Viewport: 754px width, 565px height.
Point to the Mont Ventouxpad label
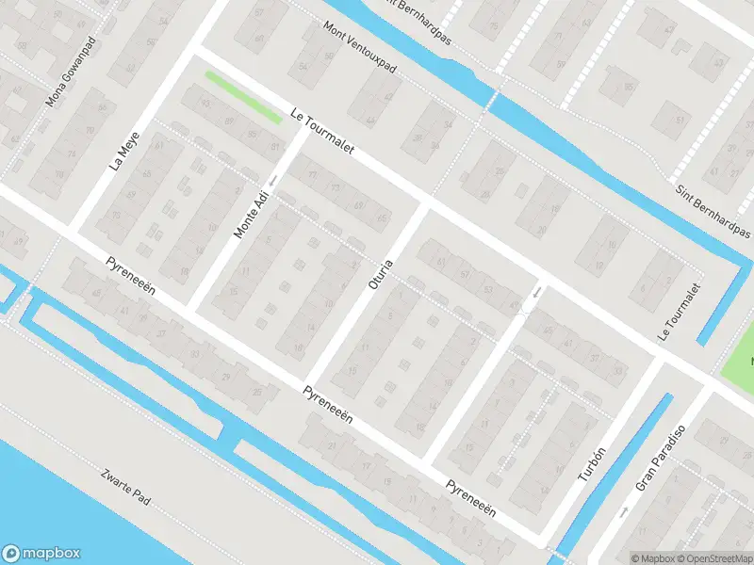pyautogui.click(x=358, y=50)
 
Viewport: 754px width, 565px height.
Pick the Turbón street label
pyautogui.click(x=589, y=463)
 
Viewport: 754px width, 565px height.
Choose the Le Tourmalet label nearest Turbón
pyautogui.click(x=680, y=313)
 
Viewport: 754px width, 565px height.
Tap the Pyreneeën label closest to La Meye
pyautogui.click(x=129, y=280)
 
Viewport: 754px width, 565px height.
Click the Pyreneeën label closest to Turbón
pyautogui.click(x=470, y=498)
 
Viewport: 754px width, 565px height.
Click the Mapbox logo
pyautogui.click(x=41, y=554)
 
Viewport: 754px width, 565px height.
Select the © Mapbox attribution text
pyautogui.click(x=654, y=557)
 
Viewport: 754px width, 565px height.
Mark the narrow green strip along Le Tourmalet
pyautogui.click(x=243, y=97)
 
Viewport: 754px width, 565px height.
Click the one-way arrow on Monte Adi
pyautogui.click(x=272, y=180)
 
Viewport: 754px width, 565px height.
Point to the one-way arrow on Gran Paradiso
pyautogui.click(x=623, y=513)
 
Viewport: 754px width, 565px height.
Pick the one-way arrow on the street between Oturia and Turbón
pyautogui.click(x=534, y=293)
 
